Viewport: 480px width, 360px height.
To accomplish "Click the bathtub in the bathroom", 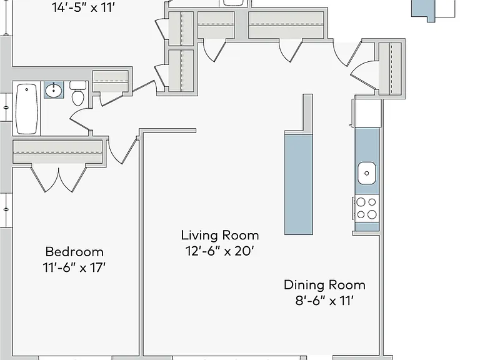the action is click(x=27, y=109).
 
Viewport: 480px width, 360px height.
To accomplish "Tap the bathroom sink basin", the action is click(x=54, y=90).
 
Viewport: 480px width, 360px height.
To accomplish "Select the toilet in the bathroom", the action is click(x=77, y=93).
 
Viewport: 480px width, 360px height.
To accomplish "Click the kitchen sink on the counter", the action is click(x=367, y=173).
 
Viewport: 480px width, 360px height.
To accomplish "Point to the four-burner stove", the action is click(x=366, y=208).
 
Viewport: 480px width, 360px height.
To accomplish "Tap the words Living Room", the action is click(x=220, y=236).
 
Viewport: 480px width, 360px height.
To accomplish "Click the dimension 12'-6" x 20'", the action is click(x=220, y=251).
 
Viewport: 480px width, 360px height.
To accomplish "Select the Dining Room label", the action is click(x=324, y=285).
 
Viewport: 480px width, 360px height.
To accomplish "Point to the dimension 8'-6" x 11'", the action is click(x=324, y=301).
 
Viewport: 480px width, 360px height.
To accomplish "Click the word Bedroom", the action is click(x=74, y=252).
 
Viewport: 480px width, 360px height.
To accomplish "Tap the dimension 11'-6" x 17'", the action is click(x=74, y=267).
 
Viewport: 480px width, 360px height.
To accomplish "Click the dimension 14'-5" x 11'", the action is click(x=83, y=7).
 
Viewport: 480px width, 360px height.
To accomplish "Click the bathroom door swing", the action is click(x=80, y=120).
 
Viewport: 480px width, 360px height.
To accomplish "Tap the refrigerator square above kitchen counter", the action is click(x=367, y=112).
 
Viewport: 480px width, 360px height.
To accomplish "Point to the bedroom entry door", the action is click(x=122, y=151).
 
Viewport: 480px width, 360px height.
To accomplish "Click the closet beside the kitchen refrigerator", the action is click(x=390, y=69).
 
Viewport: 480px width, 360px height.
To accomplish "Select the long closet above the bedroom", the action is click(x=57, y=151).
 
